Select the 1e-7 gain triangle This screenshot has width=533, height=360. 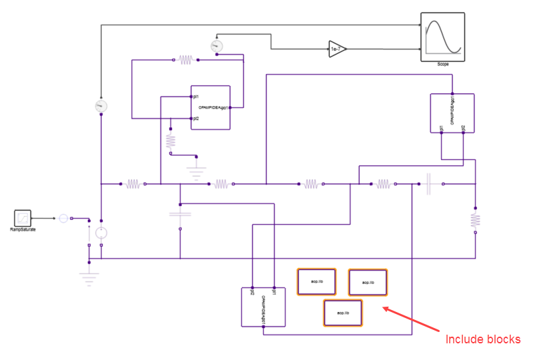[x=337, y=49]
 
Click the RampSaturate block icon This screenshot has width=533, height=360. [x=23, y=217]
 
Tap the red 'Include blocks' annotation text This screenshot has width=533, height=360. [x=482, y=339]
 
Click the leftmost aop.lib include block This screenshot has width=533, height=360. [x=316, y=280]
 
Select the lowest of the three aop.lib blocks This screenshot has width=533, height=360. [x=342, y=312]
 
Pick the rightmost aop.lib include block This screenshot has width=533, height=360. [x=368, y=282]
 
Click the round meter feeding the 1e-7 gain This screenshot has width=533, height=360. [x=215, y=46]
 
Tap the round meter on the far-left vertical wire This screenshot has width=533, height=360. [x=101, y=105]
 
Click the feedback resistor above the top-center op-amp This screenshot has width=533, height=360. [x=185, y=60]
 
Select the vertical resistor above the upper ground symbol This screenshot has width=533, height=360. [x=170, y=141]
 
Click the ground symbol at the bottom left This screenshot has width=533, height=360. [x=89, y=275]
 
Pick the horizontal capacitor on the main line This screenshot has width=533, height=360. [x=429, y=183]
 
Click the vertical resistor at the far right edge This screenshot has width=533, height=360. [x=475, y=219]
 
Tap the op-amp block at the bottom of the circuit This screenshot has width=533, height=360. [x=263, y=307]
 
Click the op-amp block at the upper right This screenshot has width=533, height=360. [x=452, y=114]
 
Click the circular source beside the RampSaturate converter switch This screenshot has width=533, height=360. [x=101, y=233]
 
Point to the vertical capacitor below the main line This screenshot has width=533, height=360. [x=181, y=215]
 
